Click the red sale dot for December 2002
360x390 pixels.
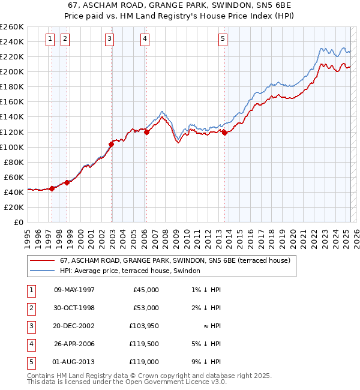point(111,144)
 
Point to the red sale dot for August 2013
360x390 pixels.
point(224,133)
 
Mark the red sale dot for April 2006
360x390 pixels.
point(146,132)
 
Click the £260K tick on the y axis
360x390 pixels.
point(11,27)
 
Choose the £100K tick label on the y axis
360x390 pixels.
point(11,147)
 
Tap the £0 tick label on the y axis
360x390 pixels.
point(18,222)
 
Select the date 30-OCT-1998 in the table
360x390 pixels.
point(74,308)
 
